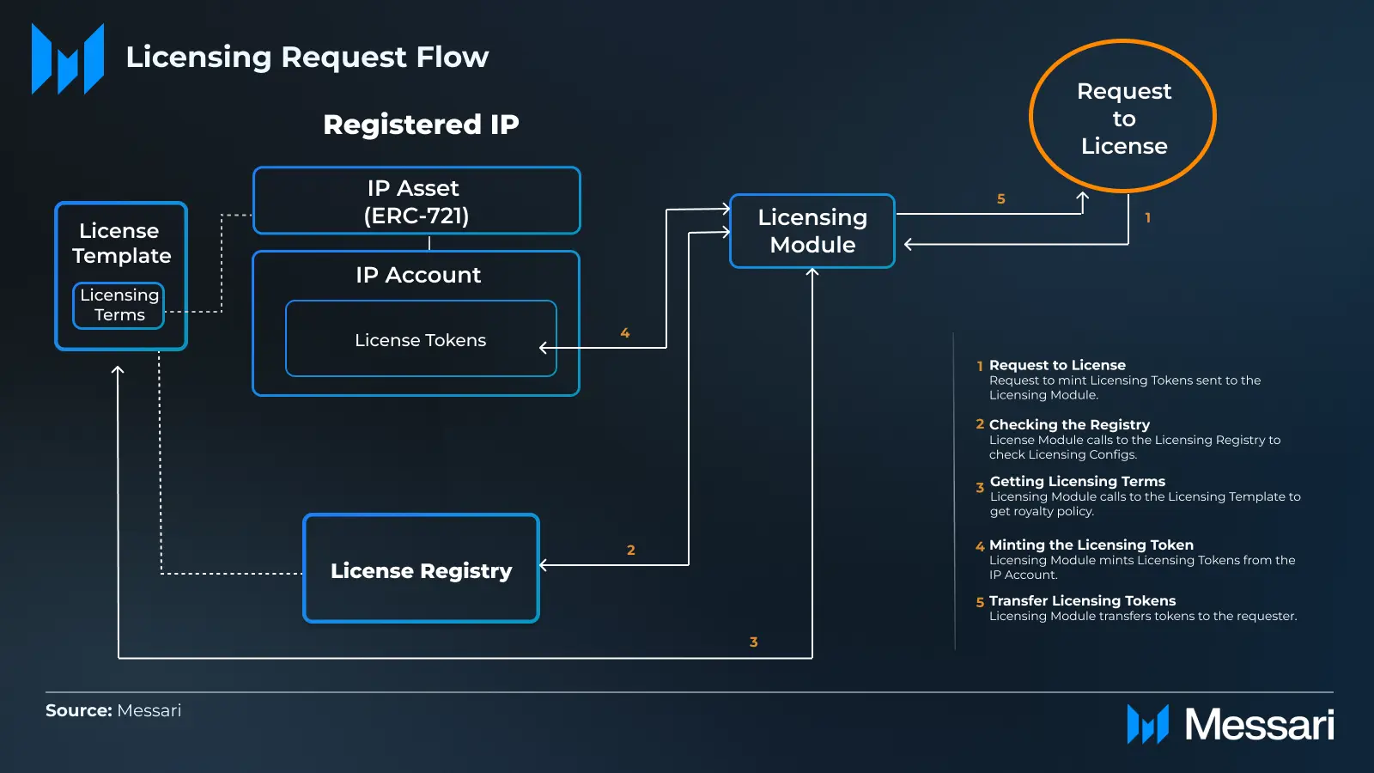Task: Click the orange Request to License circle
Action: tap(1122, 116)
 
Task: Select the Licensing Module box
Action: tap(812, 231)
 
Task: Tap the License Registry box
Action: tap(421, 569)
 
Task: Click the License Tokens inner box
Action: tap(421, 339)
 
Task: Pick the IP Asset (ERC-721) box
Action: tap(416, 201)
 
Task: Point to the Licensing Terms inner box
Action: tap(119, 305)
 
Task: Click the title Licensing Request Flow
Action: tap(307, 57)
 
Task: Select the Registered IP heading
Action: tap(421, 125)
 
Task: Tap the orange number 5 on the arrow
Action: tap(1000, 199)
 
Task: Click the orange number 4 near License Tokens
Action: tap(625, 333)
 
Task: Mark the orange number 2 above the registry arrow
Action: tap(631, 551)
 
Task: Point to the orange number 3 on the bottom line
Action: tap(753, 642)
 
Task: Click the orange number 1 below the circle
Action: tap(1147, 218)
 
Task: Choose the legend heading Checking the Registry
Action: tap(1069, 424)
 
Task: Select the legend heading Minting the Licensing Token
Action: tap(1091, 545)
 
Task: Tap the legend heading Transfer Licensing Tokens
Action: tap(1082, 600)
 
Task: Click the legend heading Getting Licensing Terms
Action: tap(1077, 481)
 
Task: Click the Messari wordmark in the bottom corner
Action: tap(1259, 724)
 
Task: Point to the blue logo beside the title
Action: tap(68, 58)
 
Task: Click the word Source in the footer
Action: tap(78, 710)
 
